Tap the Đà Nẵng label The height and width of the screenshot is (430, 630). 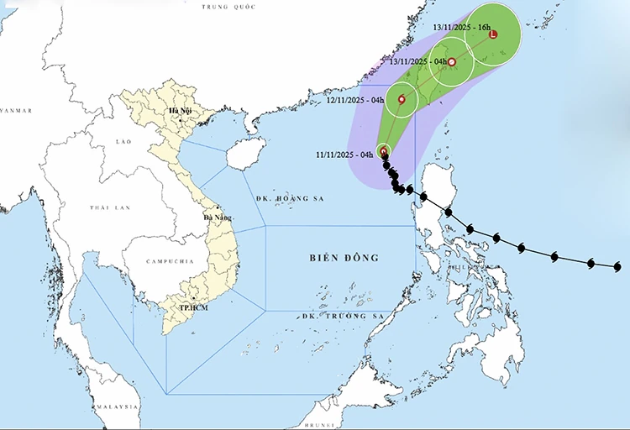coord(218,218)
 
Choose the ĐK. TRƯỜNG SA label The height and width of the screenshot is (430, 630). coord(342,316)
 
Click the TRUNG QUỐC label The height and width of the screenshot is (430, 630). coord(228,7)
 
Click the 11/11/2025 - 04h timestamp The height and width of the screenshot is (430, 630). coord(344,155)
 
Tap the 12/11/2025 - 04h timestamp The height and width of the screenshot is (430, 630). coord(355,101)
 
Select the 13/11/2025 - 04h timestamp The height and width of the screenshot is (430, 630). coord(417,61)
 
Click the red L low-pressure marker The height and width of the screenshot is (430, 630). coord(493,34)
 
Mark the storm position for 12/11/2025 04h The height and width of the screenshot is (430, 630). coord(402,100)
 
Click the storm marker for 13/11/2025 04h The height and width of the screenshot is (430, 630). coord(452,62)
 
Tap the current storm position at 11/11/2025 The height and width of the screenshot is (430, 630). coord(384,152)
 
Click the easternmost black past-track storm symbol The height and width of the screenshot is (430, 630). coord(617,267)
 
